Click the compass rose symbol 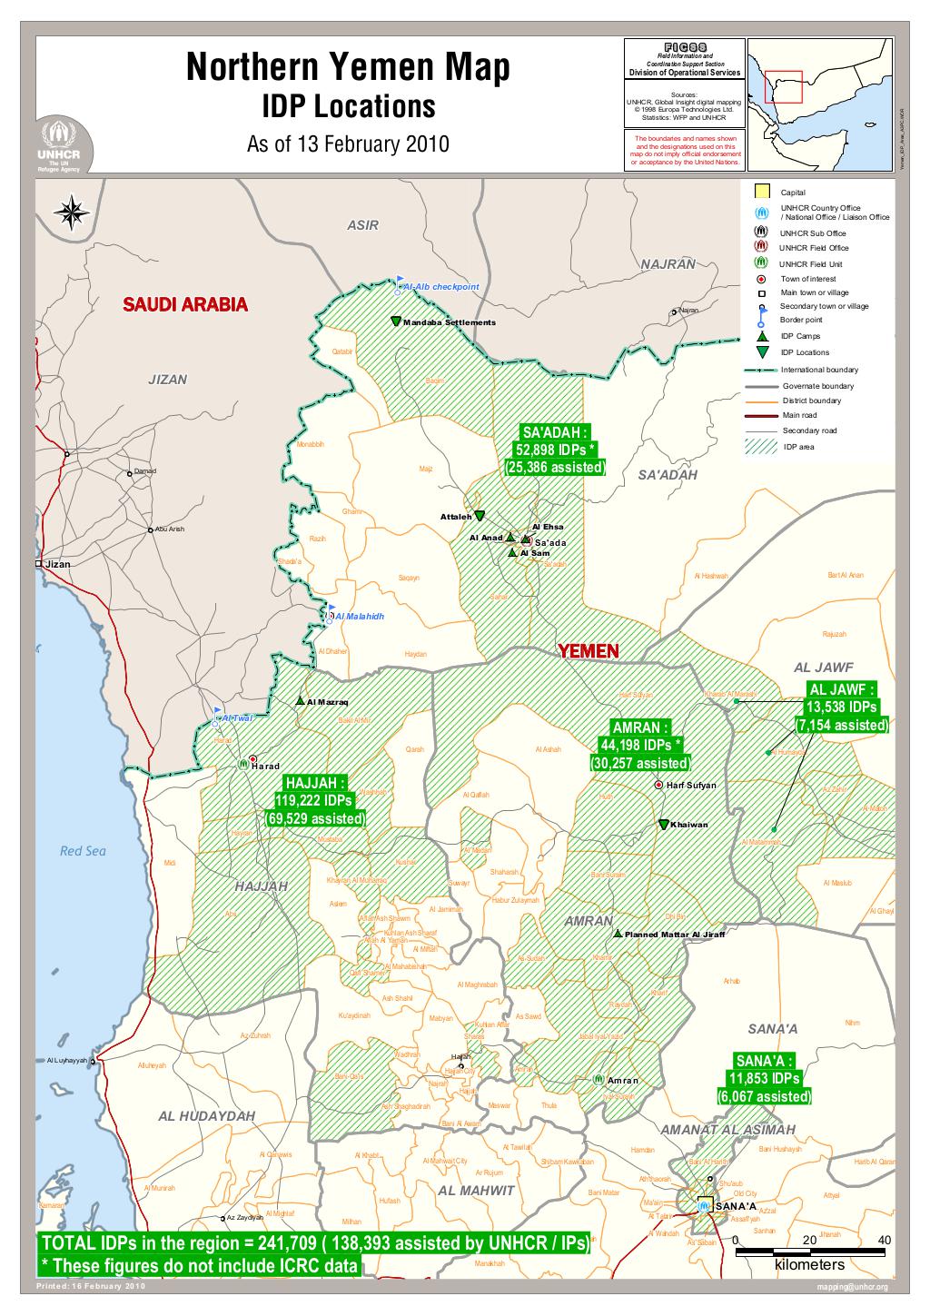72,213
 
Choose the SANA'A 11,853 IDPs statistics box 764,1079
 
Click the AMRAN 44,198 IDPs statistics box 640,746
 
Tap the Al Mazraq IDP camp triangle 300,701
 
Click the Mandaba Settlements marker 396,322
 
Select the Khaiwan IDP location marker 663,824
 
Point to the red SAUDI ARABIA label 185,304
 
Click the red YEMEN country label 589,651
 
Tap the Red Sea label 83,851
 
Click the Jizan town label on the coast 57,564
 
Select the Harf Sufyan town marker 658,785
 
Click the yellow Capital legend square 763,193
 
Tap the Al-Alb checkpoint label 441,287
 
